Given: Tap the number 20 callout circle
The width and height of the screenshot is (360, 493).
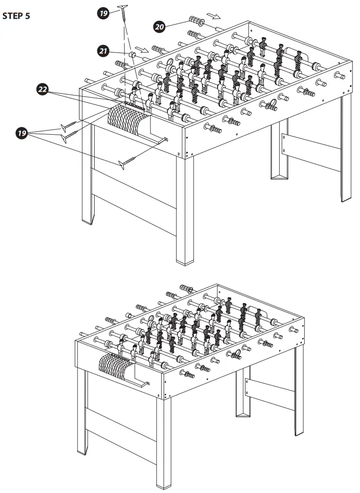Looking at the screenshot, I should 159,27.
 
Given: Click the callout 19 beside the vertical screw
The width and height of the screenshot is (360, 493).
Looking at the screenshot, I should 104,13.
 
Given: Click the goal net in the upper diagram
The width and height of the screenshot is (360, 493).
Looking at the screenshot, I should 125,118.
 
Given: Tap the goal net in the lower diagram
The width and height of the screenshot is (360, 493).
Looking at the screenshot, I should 116,367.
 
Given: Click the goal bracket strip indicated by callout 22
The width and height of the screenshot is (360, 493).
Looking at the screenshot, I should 135,104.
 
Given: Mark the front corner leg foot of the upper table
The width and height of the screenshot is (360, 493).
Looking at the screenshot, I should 185,259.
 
